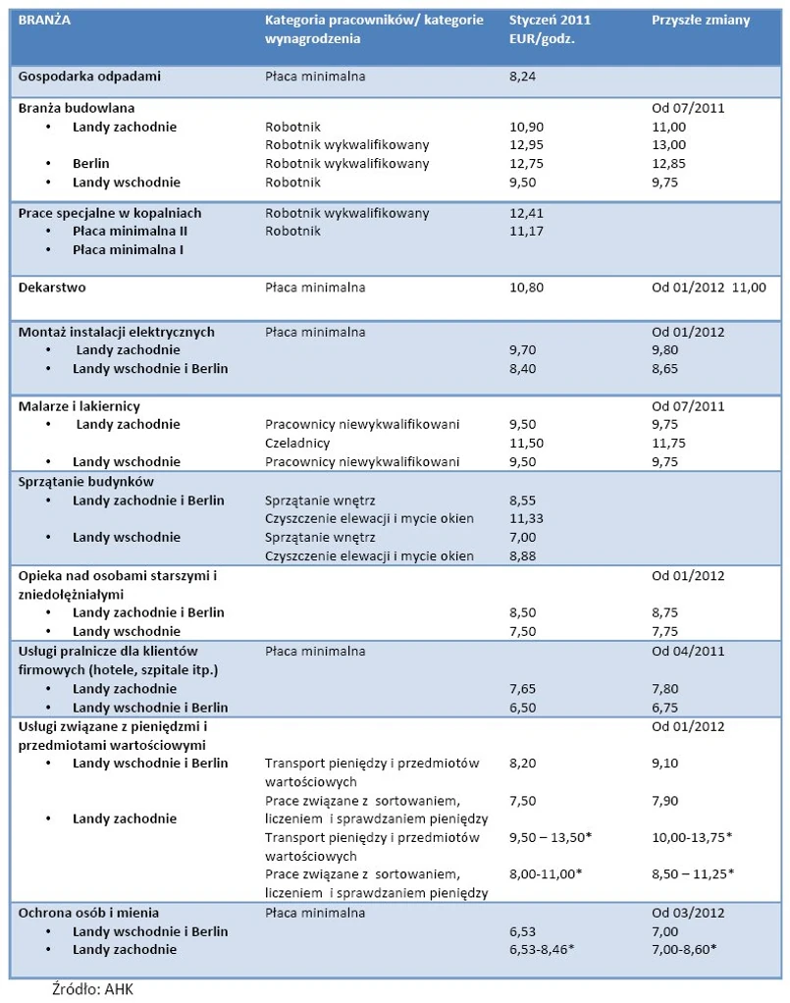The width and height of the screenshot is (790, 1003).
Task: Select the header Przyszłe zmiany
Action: click(701, 21)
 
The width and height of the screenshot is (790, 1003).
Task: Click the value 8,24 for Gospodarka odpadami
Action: click(525, 76)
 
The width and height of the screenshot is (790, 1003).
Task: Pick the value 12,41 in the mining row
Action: click(527, 213)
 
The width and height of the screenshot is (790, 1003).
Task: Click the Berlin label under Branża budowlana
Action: click(91, 164)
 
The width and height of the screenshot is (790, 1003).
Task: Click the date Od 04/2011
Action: click(688, 651)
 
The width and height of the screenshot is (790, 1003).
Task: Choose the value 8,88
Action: click(525, 556)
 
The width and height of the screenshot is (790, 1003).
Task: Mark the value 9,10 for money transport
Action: click(666, 763)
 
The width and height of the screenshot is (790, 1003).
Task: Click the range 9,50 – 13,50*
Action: click(552, 837)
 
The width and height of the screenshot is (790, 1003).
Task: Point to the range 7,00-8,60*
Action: click(687, 949)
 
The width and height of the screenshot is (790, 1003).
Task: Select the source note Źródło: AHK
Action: click(92, 988)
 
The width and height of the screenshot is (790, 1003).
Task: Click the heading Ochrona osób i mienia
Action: click(89, 912)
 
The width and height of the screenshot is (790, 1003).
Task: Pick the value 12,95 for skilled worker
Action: click(527, 145)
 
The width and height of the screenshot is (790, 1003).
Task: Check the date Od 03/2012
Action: click(688, 912)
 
